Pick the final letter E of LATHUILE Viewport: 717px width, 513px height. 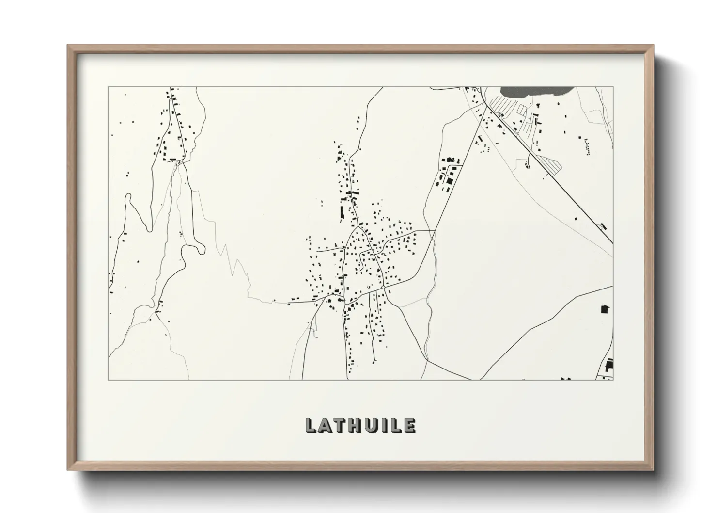click(x=409, y=425)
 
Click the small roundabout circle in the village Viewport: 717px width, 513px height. click(x=383, y=288)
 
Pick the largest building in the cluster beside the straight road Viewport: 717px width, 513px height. click(x=449, y=180)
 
